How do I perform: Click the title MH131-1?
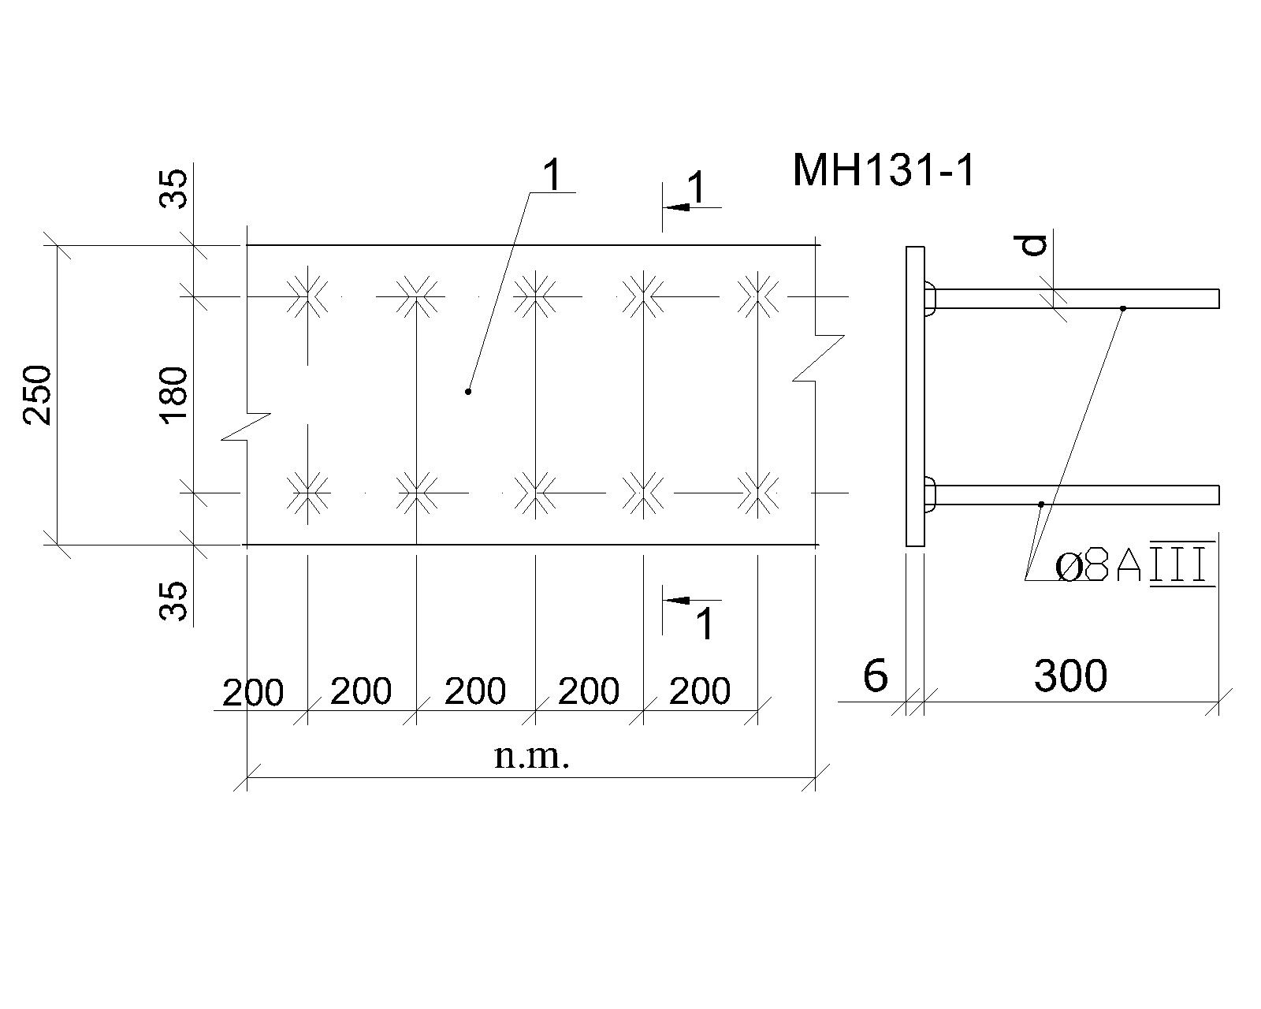(883, 170)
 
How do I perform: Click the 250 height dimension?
(37, 395)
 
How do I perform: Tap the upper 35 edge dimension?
(173, 188)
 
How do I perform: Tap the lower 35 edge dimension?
(173, 601)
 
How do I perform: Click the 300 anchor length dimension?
(1070, 676)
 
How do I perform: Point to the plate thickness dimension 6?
(876, 676)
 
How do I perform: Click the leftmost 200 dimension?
(253, 692)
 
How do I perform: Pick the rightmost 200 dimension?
(700, 691)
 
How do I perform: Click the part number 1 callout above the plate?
(552, 175)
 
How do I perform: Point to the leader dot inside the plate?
(467, 391)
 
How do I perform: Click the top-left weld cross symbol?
(307, 296)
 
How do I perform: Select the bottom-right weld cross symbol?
(757, 493)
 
